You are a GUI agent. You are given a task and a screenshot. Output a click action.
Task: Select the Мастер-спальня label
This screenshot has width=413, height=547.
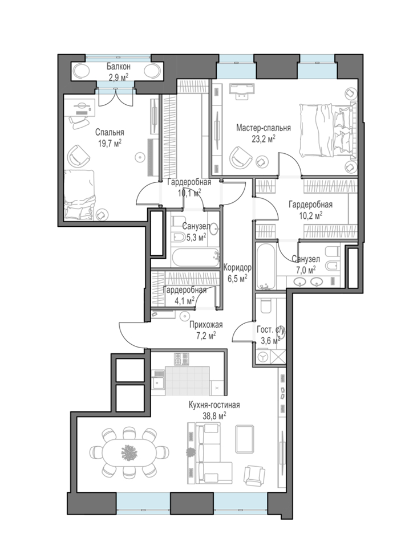[x=263, y=128]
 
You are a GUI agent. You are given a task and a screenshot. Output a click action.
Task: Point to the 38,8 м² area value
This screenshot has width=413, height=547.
[x=214, y=415]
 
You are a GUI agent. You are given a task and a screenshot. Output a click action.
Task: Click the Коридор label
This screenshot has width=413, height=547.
[x=237, y=268]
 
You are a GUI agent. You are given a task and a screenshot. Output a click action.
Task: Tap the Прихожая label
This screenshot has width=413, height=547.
[x=205, y=325]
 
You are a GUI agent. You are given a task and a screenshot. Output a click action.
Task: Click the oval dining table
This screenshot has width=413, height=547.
[x=128, y=452]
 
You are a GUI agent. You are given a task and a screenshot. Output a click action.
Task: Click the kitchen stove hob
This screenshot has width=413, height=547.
[x=181, y=360]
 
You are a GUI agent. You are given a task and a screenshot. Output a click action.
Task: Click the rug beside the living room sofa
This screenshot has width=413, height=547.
[x=245, y=439]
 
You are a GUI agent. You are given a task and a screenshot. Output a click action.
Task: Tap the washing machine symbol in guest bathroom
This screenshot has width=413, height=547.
[x=262, y=357]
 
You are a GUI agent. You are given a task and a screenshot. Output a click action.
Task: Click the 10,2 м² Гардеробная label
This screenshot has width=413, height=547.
[x=310, y=205]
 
